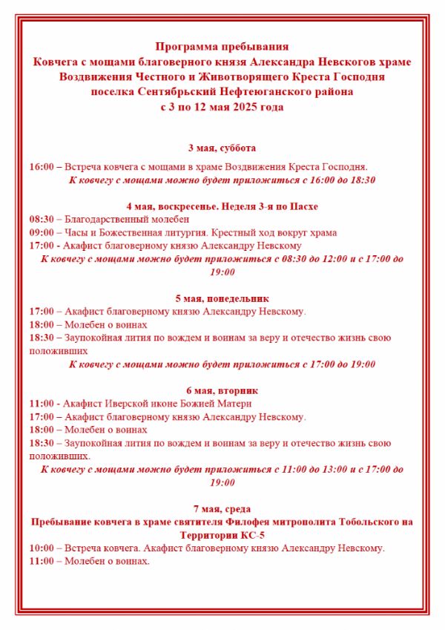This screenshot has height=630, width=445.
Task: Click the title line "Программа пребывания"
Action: click(x=222, y=46)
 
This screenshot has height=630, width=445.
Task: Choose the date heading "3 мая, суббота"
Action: click(x=222, y=148)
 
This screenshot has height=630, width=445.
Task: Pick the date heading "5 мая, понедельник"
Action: click(x=222, y=298)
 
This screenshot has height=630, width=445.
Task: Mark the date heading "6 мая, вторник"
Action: click(x=222, y=390)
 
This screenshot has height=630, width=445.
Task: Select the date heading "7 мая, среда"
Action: click(x=222, y=508)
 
